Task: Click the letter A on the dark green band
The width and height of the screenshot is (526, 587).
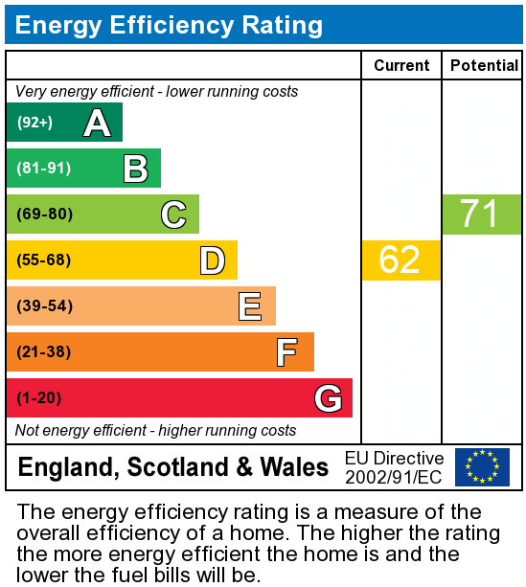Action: tap(97, 123)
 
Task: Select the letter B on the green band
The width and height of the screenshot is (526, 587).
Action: tap(135, 169)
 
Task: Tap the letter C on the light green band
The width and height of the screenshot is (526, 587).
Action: tap(173, 214)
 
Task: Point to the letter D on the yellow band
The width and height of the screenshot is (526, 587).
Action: tap(212, 260)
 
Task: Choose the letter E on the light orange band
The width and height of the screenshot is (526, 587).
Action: tap(250, 306)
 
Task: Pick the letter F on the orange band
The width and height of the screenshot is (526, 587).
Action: tap(286, 352)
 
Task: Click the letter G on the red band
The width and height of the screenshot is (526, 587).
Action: tap(328, 398)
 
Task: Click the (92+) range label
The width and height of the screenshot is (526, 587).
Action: tap(34, 123)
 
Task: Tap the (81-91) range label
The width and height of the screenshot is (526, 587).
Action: tap(43, 169)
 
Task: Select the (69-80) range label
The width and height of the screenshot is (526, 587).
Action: tap(44, 214)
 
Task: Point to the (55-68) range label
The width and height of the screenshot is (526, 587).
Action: tap(44, 260)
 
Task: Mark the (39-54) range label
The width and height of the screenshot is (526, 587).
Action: tap(44, 306)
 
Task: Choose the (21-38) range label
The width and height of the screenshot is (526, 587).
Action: tap(44, 352)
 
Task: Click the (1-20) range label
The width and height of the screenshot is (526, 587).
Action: tap(39, 398)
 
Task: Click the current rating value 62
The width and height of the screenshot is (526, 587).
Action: tap(400, 260)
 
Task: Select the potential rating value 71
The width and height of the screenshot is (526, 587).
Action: tap(480, 214)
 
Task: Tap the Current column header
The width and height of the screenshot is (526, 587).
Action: tap(401, 65)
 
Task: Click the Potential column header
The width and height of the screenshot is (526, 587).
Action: tap(483, 65)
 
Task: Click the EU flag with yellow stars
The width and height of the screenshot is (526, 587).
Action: tap(482, 467)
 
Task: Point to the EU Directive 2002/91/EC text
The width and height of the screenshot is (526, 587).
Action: tap(395, 467)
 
